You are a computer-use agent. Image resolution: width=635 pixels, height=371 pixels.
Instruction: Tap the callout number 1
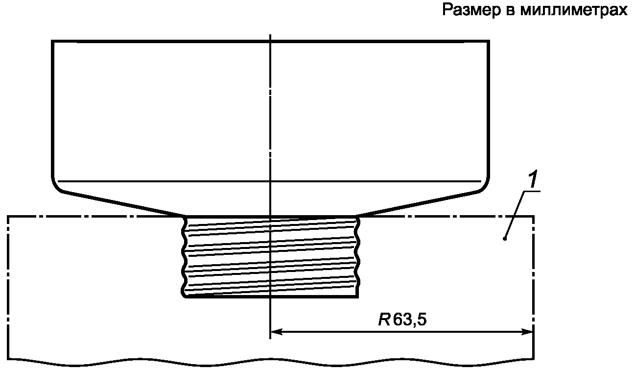point(533,179)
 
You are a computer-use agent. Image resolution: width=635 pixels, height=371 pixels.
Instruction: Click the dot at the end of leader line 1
point(505,239)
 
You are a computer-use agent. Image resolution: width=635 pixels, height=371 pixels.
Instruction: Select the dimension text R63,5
point(402,320)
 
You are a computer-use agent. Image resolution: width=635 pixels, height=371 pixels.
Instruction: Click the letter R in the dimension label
point(384,320)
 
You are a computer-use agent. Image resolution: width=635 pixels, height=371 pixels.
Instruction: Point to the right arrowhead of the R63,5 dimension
point(527,331)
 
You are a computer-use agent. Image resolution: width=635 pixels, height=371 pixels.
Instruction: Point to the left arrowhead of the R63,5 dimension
point(277,331)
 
